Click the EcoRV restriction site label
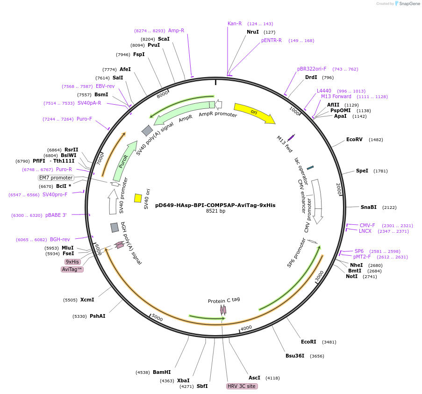pyautogui.click(x=354, y=139)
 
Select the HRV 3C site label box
pyautogui.click(x=242, y=386)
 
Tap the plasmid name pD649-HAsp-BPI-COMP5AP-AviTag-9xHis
pyautogui.click(x=215, y=205)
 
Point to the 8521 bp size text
pyautogui.click(x=215, y=211)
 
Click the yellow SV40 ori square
pyautogui.click(x=138, y=198)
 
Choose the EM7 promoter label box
pyautogui.click(x=56, y=178)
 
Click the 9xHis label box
pyautogui.click(x=72, y=262)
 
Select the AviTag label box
pyautogui.click(x=72, y=269)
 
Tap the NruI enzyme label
pyautogui.click(x=253, y=32)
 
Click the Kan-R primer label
pyautogui.click(x=235, y=23)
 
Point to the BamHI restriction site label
pyautogui.click(x=162, y=372)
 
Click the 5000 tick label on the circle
pyautogui.click(x=157, y=318)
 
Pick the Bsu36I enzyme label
pyautogui.click(x=295, y=356)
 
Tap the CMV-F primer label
pyautogui.click(x=367, y=225)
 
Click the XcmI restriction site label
pyautogui.click(x=87, y=300)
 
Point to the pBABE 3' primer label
pyautogui.click(x=56, y=215)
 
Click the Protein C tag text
pyautogui.click(x=224, y=300)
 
